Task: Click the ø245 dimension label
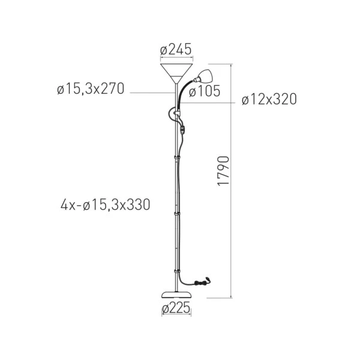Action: (x=176, y=49)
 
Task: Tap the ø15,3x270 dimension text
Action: (x=91, y=88)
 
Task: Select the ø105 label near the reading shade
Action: (x=205, y=91)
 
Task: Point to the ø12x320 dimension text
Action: (x=269, y=99)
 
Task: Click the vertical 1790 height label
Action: (x=223, y=171)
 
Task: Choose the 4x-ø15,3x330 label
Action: (x=106, y=205)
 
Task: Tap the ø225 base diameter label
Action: (x=176, y=307)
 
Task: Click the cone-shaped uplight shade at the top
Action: (x=176, y=73)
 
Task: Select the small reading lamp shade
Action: (x=204, y=76)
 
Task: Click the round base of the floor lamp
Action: (x=176, y=295)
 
